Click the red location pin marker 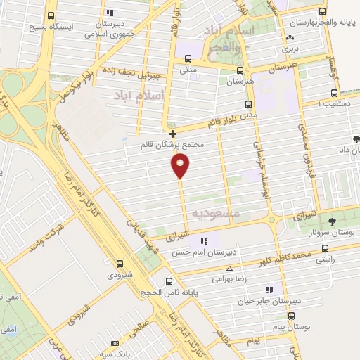(x=180, y=165)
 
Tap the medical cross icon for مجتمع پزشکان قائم (x=172, y=133)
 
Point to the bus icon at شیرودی (x=120, y=264)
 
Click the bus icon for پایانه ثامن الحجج (x=168, y=280)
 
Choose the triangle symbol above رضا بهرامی (x=229, y=269)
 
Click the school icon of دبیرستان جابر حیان (x=270, y=289)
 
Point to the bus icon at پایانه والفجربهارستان (x=322, y=11)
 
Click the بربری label (x=290, y=49)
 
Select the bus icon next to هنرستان (x=240, y=70)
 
